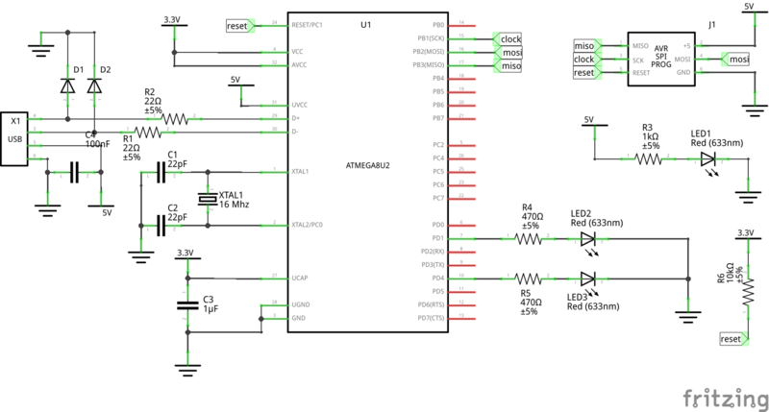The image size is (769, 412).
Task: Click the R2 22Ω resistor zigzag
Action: pyautogui.click(x=175, y=118)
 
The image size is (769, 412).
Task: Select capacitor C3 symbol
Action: pyautogui.click(x=186, y=305)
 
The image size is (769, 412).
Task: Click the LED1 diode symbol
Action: pyautogui.click(x=708, y=158)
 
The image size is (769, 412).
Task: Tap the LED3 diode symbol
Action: pyautogui.click(x=588, y=279)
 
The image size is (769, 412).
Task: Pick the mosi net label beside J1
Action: pyautogui.click(x=737, y=60)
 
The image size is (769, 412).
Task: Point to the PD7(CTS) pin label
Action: pyautogui.click(x=427, y=318)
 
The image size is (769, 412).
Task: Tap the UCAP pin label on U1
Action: pyautogui.click(x=300, y=278)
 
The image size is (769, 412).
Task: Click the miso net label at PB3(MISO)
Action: pyautogui.click(x=509, y=66)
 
